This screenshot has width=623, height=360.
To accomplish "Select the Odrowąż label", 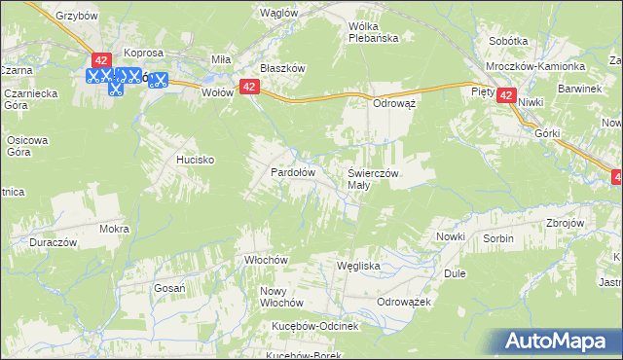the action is [395, 103].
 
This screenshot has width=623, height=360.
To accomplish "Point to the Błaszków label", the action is [283, 69].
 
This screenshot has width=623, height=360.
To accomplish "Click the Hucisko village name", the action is [195, 159].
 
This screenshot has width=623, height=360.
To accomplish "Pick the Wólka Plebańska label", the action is [381, 33].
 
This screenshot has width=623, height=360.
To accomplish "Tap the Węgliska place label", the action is [357, 265].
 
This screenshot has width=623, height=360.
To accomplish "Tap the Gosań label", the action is [170, 288].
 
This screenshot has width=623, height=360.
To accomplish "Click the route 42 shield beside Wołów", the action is [249, 87].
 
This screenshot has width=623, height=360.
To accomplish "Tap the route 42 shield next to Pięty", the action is [506, 95].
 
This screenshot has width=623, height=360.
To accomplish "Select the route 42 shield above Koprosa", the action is [100, 60].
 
